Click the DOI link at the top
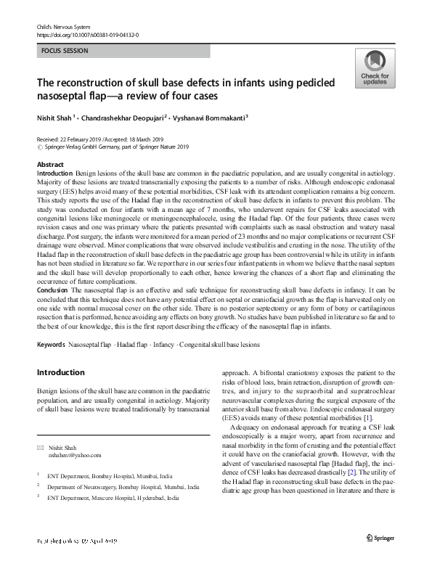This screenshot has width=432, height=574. tap(87, 34)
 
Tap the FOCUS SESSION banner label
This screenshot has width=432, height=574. tap(66, 52)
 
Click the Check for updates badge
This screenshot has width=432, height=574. tap(374, 69)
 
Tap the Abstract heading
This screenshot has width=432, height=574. tap(50, 165)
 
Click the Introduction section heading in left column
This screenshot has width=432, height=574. tap(61, 372)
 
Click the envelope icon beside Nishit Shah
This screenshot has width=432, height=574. tap(40, 447)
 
